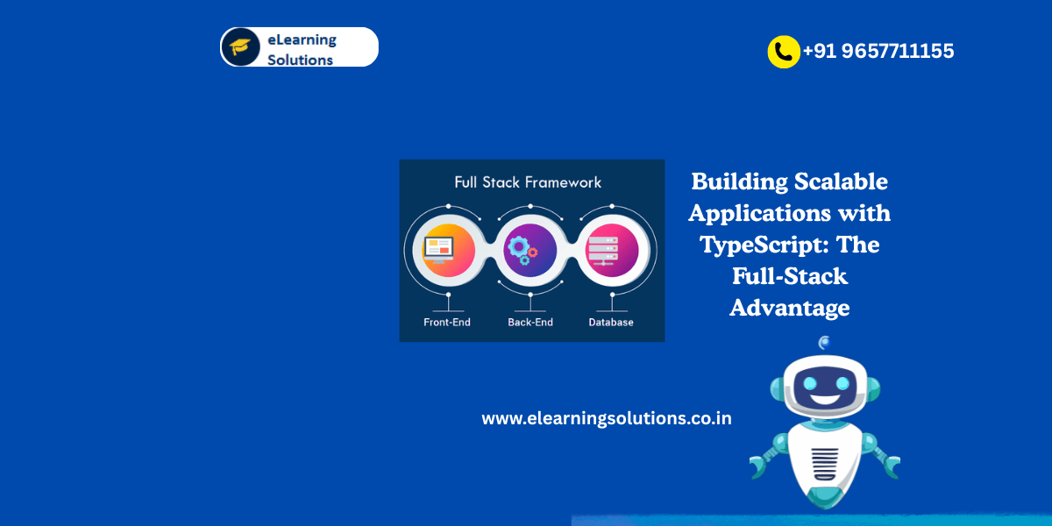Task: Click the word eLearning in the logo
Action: (302, 39)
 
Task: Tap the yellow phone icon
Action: (783, 52)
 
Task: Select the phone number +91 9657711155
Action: (878, 51)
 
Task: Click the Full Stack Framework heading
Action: (528, 182)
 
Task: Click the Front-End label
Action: (447, 323)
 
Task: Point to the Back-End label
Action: (531, 323)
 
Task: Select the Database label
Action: (611, 323)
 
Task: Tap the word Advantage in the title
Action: (790, 308)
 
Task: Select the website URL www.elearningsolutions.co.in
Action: (607, 418)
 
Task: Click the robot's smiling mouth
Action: (823, 399)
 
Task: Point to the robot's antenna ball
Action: (824, 343)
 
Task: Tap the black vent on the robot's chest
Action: (824, 459)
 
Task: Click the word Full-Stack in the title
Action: (790, 276)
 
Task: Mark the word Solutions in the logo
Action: (300, 60)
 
